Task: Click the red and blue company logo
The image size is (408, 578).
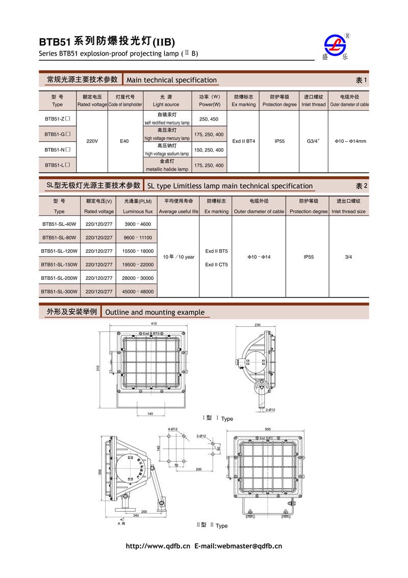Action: (335, 47)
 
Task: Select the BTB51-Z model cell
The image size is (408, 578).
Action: (57, 119)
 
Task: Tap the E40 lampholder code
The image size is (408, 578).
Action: (124, 141)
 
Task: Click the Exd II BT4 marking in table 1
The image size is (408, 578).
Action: (243, 141)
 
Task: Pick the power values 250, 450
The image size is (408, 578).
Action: (209, 119)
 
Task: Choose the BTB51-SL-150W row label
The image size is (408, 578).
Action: (59, 264)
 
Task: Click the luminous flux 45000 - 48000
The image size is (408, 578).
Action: (138, 292)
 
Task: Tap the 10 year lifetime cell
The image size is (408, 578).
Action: (178, 257)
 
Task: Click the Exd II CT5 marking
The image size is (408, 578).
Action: (217, 264)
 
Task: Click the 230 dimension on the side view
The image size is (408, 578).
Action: (258, 325)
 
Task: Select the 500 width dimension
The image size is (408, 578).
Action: (268, 429)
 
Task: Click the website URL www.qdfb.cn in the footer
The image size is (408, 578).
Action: (158, 546)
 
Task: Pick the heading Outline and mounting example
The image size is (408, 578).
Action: (155, 312)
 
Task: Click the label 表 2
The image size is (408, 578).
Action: (361, 186)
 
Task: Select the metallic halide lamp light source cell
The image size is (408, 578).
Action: (167, 165)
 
